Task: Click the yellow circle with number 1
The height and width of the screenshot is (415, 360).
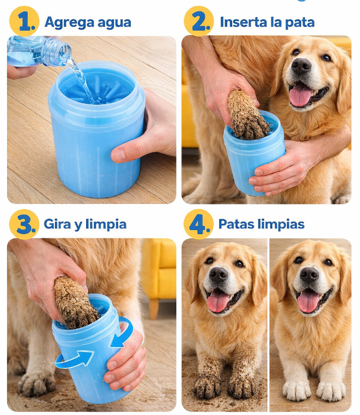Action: [24, 21]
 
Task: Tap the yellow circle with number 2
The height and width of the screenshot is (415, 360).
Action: [199, 21]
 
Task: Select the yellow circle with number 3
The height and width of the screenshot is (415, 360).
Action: [24, 224]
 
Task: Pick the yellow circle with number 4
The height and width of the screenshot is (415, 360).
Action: [199, 224]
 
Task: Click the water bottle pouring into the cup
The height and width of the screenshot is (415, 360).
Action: [39, 51]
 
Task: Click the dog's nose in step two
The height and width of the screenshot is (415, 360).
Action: [301, 66]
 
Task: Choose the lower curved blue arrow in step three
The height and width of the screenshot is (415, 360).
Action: [73, 359]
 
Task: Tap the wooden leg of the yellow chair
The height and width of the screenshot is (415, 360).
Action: [154, 309]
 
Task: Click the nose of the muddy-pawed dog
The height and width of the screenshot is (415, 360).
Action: [218, 275]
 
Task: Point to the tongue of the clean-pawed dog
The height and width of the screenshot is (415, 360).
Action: [308, 301]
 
